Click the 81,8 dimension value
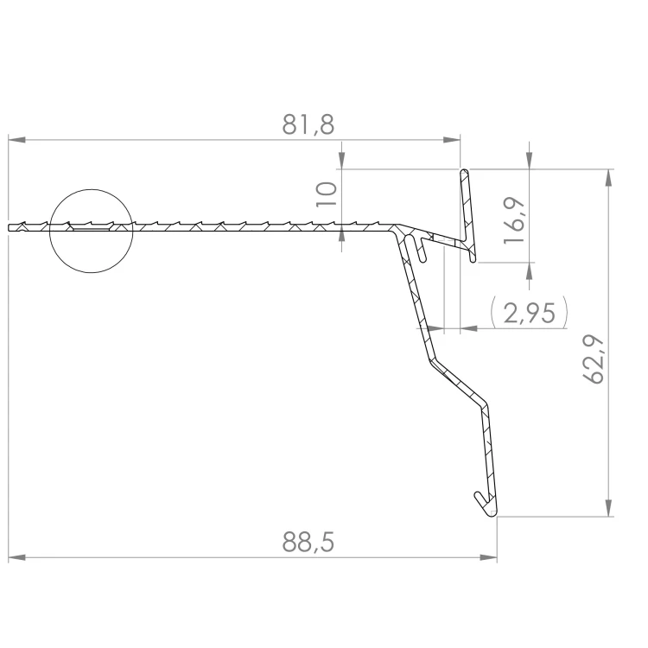pos(308,124)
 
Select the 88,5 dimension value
pos(308,542)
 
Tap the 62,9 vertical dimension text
pos(594,359)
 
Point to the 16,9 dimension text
pos(515,220)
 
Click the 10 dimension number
pos(327,194)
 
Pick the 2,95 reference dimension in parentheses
pos(530,313)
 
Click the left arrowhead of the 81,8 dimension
pos(16,140)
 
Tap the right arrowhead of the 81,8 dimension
pos(452,140)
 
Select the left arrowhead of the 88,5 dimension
pos(16,558)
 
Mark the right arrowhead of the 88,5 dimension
pos(488,558)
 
